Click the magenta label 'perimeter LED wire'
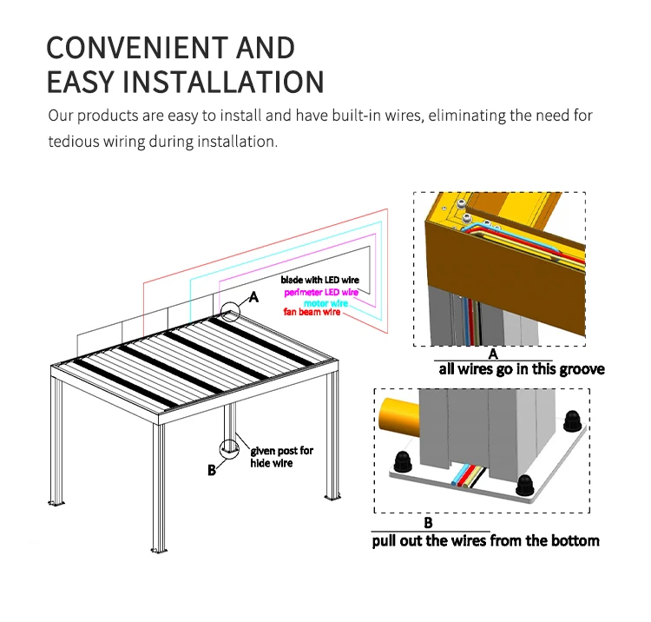click(321, 293)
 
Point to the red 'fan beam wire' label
click(312, 313)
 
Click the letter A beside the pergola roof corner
click(254, 297)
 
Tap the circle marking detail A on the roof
click(230, 312)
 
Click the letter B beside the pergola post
click(211, 471)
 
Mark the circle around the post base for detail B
click(230, 448)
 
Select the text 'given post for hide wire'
click(281, 457)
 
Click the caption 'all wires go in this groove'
click(521, 369)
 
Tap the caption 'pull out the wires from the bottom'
click(485, 541)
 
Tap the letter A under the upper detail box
click(492, 354)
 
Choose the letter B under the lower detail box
click(428, 524)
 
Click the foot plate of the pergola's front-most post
click(159, 551)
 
